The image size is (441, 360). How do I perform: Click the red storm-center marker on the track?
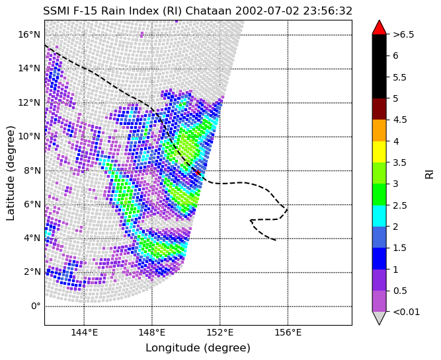[198, 172]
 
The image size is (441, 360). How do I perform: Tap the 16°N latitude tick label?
[29, 35]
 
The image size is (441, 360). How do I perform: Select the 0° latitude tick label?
[36, 306]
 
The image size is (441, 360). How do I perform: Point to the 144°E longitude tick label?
[84, 333]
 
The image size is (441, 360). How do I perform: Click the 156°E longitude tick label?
[288, 333]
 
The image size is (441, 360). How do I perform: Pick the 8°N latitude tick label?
[32, 170]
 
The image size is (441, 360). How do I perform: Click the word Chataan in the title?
[209, 11]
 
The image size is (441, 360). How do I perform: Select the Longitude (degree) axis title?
[198, 348]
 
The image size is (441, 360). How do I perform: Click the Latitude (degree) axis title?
[11, 173]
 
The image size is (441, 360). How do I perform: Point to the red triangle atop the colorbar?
[379, 27]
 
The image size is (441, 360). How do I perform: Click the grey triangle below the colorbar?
[379, 318]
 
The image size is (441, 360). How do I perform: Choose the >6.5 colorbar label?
[403, 34]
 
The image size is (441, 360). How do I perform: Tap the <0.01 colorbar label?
[407, 312]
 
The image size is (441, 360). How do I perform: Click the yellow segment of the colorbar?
[379, 152]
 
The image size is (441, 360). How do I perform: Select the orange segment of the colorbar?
[379, 130]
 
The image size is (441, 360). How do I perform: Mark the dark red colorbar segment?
[379, 109]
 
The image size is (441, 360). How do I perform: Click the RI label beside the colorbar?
[430, 174]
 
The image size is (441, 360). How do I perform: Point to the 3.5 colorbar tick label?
[399, 162]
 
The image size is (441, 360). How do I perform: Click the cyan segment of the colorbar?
[379, 216]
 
